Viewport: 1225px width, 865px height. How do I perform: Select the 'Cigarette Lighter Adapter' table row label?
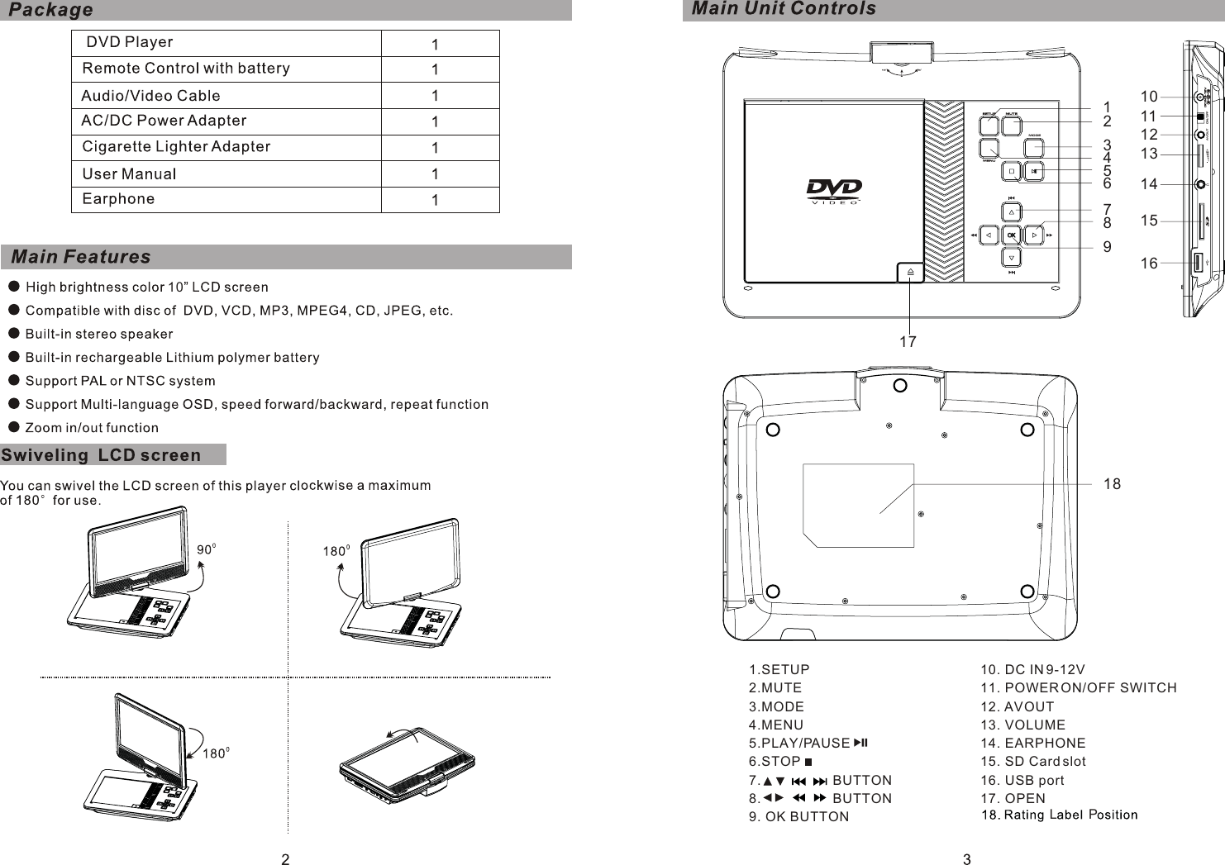tap(176, 147)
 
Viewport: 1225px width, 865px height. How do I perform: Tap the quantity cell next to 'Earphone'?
tap(435, 201)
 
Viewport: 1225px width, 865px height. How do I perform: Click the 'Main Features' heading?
tap(82, 257)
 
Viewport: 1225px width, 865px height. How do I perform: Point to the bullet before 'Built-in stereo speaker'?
tap(13, 334)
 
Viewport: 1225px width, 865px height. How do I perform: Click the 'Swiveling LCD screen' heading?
tap(101, 455)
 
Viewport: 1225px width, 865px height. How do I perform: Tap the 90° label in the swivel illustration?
tap(207, 549)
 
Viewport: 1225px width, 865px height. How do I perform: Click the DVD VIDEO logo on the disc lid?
tap(834, 192)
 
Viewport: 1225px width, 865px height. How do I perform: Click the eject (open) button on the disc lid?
tap(908, 272)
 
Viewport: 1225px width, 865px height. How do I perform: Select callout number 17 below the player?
tap(908, 341)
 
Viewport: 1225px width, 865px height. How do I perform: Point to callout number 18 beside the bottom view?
tap(1112, 484)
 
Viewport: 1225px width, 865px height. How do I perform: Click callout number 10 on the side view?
tap(1148, 97)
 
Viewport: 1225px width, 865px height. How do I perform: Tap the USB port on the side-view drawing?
tap(1198, 264)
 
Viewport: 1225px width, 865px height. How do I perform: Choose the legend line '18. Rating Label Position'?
tap(1059, 815)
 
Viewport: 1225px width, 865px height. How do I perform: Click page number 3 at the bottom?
tap(967, 859)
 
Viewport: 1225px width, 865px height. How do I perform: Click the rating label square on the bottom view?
tap(858, 505)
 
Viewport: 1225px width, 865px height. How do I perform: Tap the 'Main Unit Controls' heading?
tap(783, 9)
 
